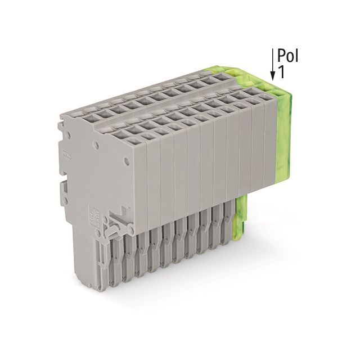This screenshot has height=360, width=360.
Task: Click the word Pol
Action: (x=287, y=56)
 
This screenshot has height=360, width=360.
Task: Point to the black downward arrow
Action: (x=273, y=63)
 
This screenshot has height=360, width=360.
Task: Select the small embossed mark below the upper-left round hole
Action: (x=67, y=154)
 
